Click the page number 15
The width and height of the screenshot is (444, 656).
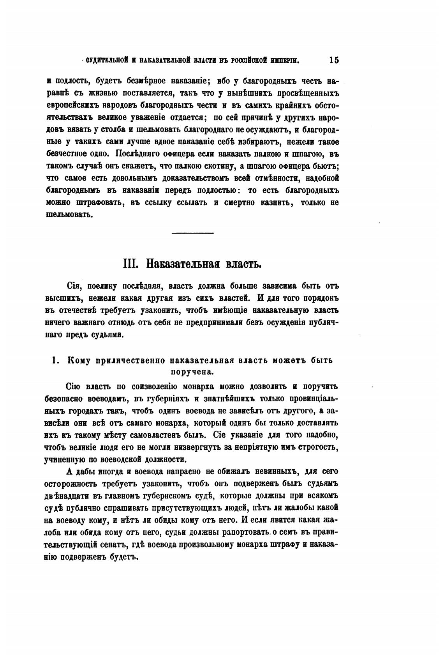pyautogui.click(x=334, y=60)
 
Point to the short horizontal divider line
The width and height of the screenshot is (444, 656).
pyautogui.click(x=193, y=233)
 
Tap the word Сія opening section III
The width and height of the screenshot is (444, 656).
pyautogui.click(x=74, y=286)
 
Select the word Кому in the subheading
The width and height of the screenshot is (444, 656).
pyautogui.click(x=79, y=360)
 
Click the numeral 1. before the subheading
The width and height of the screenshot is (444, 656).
pyautogui.click(x=56, y=360)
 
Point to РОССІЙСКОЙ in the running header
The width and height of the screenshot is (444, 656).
pyautogui.click(x=250, y=60)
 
